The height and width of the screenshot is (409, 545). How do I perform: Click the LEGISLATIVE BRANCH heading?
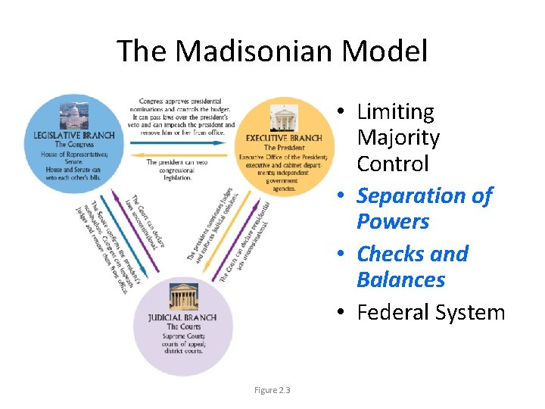[x=74, y=135]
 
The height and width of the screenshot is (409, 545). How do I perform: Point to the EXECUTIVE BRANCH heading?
[x=284, y=138]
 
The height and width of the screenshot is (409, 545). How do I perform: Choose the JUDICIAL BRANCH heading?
[x=182, y=317]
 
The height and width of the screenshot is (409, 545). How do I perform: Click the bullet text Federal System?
[x=430, y=312]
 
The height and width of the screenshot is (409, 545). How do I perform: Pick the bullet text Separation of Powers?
[x=423, y=208]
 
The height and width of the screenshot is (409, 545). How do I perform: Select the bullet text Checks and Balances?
[x=412, y=266]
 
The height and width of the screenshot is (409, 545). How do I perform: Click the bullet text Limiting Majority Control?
[x=397, y=138]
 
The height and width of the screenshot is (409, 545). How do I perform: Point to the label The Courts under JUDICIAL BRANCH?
[x=182, y=326]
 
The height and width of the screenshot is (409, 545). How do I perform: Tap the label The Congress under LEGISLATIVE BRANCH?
[x=74, y=144]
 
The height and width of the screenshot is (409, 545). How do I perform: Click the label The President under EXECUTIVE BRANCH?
[x=284, y=147]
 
